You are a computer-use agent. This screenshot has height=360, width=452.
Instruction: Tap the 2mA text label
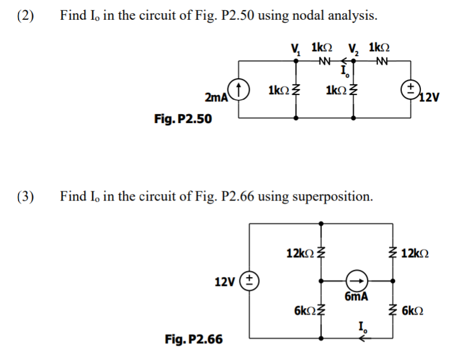click(x=216, y=97)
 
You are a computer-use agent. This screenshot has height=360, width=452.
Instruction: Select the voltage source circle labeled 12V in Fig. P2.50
click(x=410, y=90)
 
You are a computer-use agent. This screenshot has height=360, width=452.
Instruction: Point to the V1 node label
click(x=294, y=48)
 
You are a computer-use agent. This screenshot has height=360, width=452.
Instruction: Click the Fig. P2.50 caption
click(x=183, y=119)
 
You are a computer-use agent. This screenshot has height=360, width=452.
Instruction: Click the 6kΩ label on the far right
click(x=413, y=311)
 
